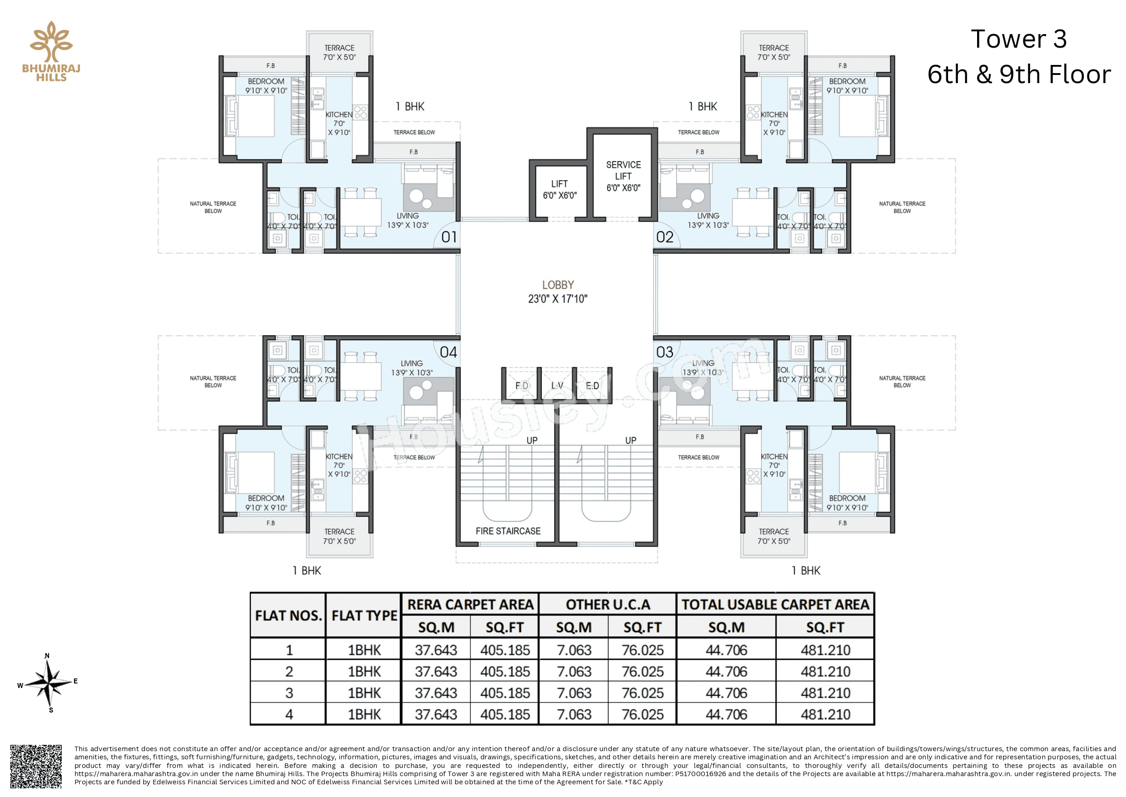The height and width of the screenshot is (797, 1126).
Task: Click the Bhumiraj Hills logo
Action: coord(51,51)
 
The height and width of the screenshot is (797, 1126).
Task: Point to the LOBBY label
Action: coord(558,285)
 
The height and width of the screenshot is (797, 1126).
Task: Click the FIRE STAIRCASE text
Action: coord(507,531)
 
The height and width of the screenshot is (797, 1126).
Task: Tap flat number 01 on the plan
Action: coord(449,238)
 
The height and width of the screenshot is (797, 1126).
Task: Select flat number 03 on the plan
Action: coord(664,352)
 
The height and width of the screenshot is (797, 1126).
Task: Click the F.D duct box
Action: coord(521,385)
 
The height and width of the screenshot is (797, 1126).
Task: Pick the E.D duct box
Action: coord(592,385)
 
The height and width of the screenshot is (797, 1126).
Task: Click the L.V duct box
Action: coord(556,385)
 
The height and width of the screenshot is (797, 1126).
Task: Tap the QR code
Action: coord(36,766)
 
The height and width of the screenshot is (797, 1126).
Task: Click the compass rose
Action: coord(48,683)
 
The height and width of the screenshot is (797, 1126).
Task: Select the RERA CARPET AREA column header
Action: coord(469,604)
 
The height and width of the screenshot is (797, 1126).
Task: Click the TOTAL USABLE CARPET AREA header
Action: coord(775,604)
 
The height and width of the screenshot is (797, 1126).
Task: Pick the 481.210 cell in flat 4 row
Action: coord(825,714)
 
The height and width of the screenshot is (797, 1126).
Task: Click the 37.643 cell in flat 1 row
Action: coord(436,650)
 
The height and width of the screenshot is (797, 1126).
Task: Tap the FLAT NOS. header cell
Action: coord(288,615)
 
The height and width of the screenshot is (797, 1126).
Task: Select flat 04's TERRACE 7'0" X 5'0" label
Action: coord(339,536)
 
